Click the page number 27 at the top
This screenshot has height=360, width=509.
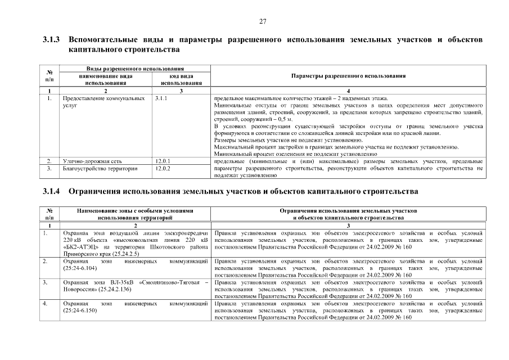click(x=262, y=21)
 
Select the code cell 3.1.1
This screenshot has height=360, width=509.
click(x=161, y=98)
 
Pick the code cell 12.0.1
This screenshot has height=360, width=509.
click(x=163, y=161)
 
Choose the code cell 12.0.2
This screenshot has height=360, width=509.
click(x=163, y=168)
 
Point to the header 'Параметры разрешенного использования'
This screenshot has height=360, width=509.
click(x=349, y=76)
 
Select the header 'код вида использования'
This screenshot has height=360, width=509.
click(x=178, y=79)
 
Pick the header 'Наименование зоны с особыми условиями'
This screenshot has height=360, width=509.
click(x=136, y=210)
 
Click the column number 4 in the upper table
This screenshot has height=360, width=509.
click(x=349, y=91)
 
